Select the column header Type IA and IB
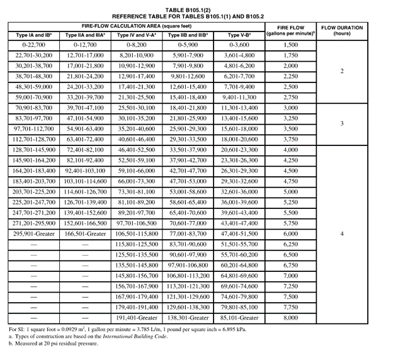click(x=34, y=35)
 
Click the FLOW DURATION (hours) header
click(x=342, y=31)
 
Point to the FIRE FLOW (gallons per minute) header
click(x=290, y=31)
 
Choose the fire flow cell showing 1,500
click(x=290, y=45)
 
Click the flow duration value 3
click(x=342, y=123)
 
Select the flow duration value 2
click(x=342, y=71)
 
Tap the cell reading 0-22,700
click(x=34, y=45)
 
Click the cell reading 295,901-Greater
click(x=34, y=233)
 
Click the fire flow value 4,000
click(x=290, y=150)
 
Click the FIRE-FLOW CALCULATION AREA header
click(x=136, y=26)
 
